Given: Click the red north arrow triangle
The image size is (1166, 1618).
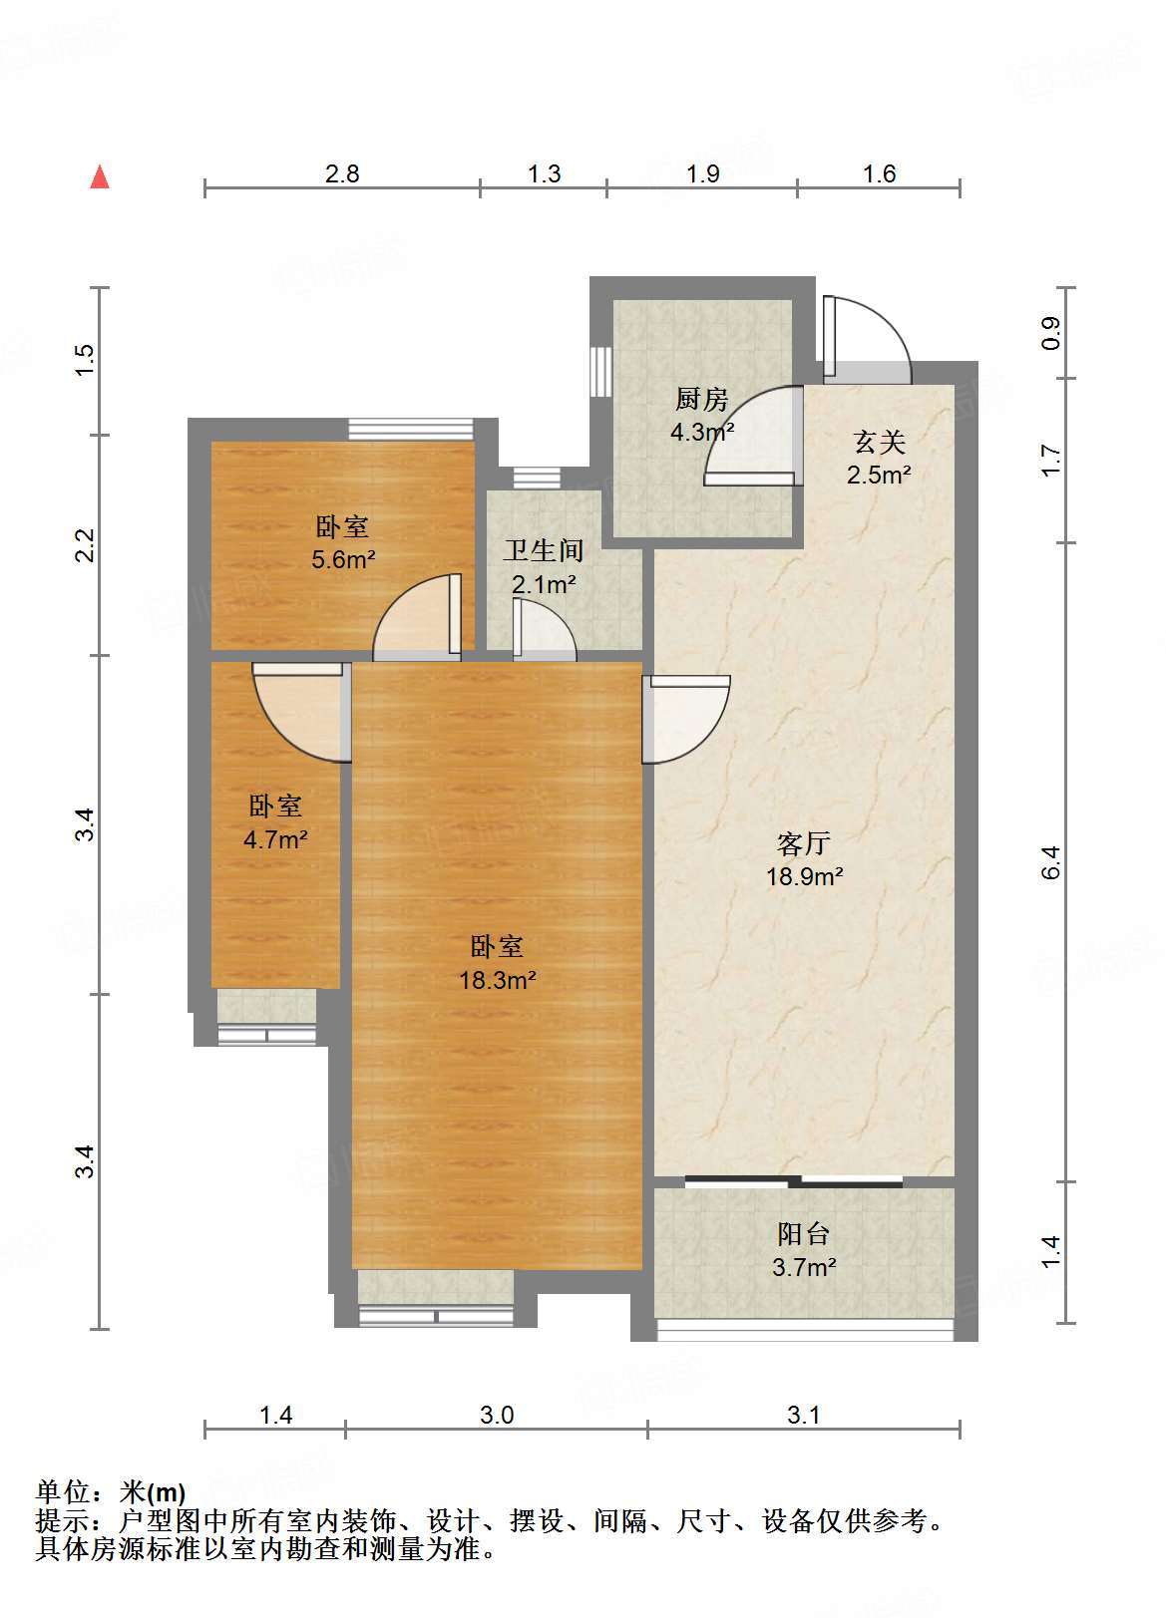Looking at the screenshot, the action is (x=100, y=177).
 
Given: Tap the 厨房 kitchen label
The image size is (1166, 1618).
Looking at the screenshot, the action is (x=701, y=400).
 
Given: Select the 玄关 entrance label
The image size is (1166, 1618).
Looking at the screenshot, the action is (x=879, y=443).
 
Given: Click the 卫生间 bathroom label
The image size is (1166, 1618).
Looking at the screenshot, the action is (x=544, y=551).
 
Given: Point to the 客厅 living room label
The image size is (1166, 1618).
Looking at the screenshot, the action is (x=804, y=843).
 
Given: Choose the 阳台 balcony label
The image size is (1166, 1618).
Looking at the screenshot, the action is (x=804, y=1234).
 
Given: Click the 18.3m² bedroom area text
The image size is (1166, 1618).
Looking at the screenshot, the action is (x=498, y=980).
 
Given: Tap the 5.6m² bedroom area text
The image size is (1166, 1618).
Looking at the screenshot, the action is (x=343, y=560).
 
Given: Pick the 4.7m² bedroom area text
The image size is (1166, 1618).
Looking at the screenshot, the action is (x=275, y=839).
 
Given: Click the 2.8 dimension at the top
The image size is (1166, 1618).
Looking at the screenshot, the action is (x=342, y=174).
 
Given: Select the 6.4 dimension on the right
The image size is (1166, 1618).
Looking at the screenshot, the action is (x=1050, y=862).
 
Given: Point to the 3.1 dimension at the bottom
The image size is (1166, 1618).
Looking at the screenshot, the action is (x=803, y=1415).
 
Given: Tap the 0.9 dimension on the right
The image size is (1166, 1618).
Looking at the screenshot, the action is (x=1050, y=333).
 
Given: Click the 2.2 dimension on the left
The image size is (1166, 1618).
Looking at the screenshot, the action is (x=85, y=545).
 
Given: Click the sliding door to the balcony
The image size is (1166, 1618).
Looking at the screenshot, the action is (x=794, y=1182).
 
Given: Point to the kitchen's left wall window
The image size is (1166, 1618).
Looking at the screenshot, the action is (x=600, y=371).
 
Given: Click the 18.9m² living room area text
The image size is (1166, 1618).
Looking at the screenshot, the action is (x=804, y=877).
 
